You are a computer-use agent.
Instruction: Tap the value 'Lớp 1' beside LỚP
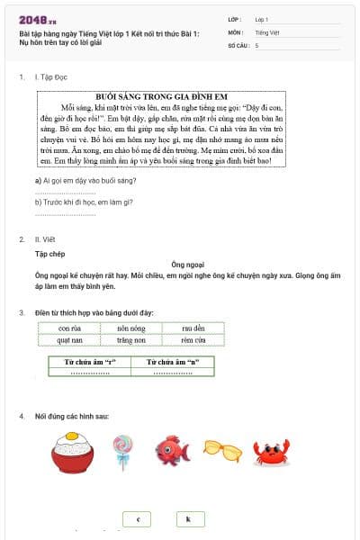(x=262, y=18)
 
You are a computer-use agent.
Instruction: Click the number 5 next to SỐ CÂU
(x=256, y=44)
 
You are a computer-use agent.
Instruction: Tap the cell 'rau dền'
(x=193, y=328)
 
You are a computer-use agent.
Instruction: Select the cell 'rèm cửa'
(x=193, y=340)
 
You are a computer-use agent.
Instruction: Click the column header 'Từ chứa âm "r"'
(x=90, y=362)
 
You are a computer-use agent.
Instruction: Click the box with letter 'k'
(x=189, y=519)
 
